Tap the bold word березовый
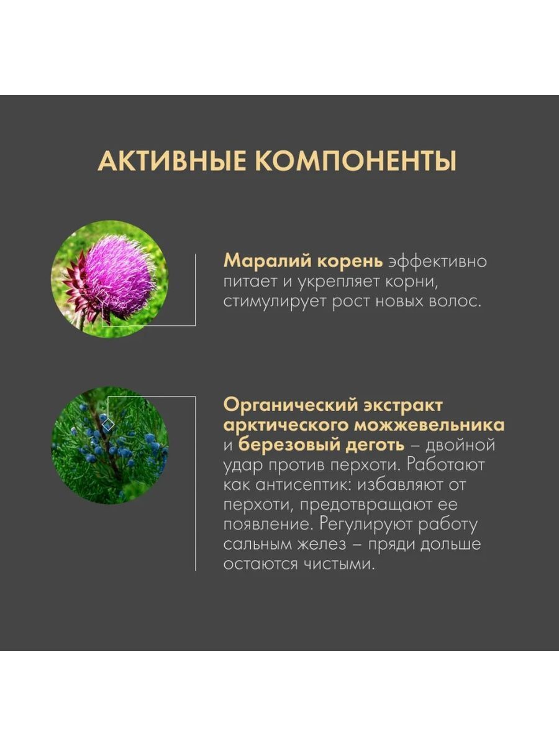tap(288, 446)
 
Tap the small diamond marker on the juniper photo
tap(108, 425)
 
